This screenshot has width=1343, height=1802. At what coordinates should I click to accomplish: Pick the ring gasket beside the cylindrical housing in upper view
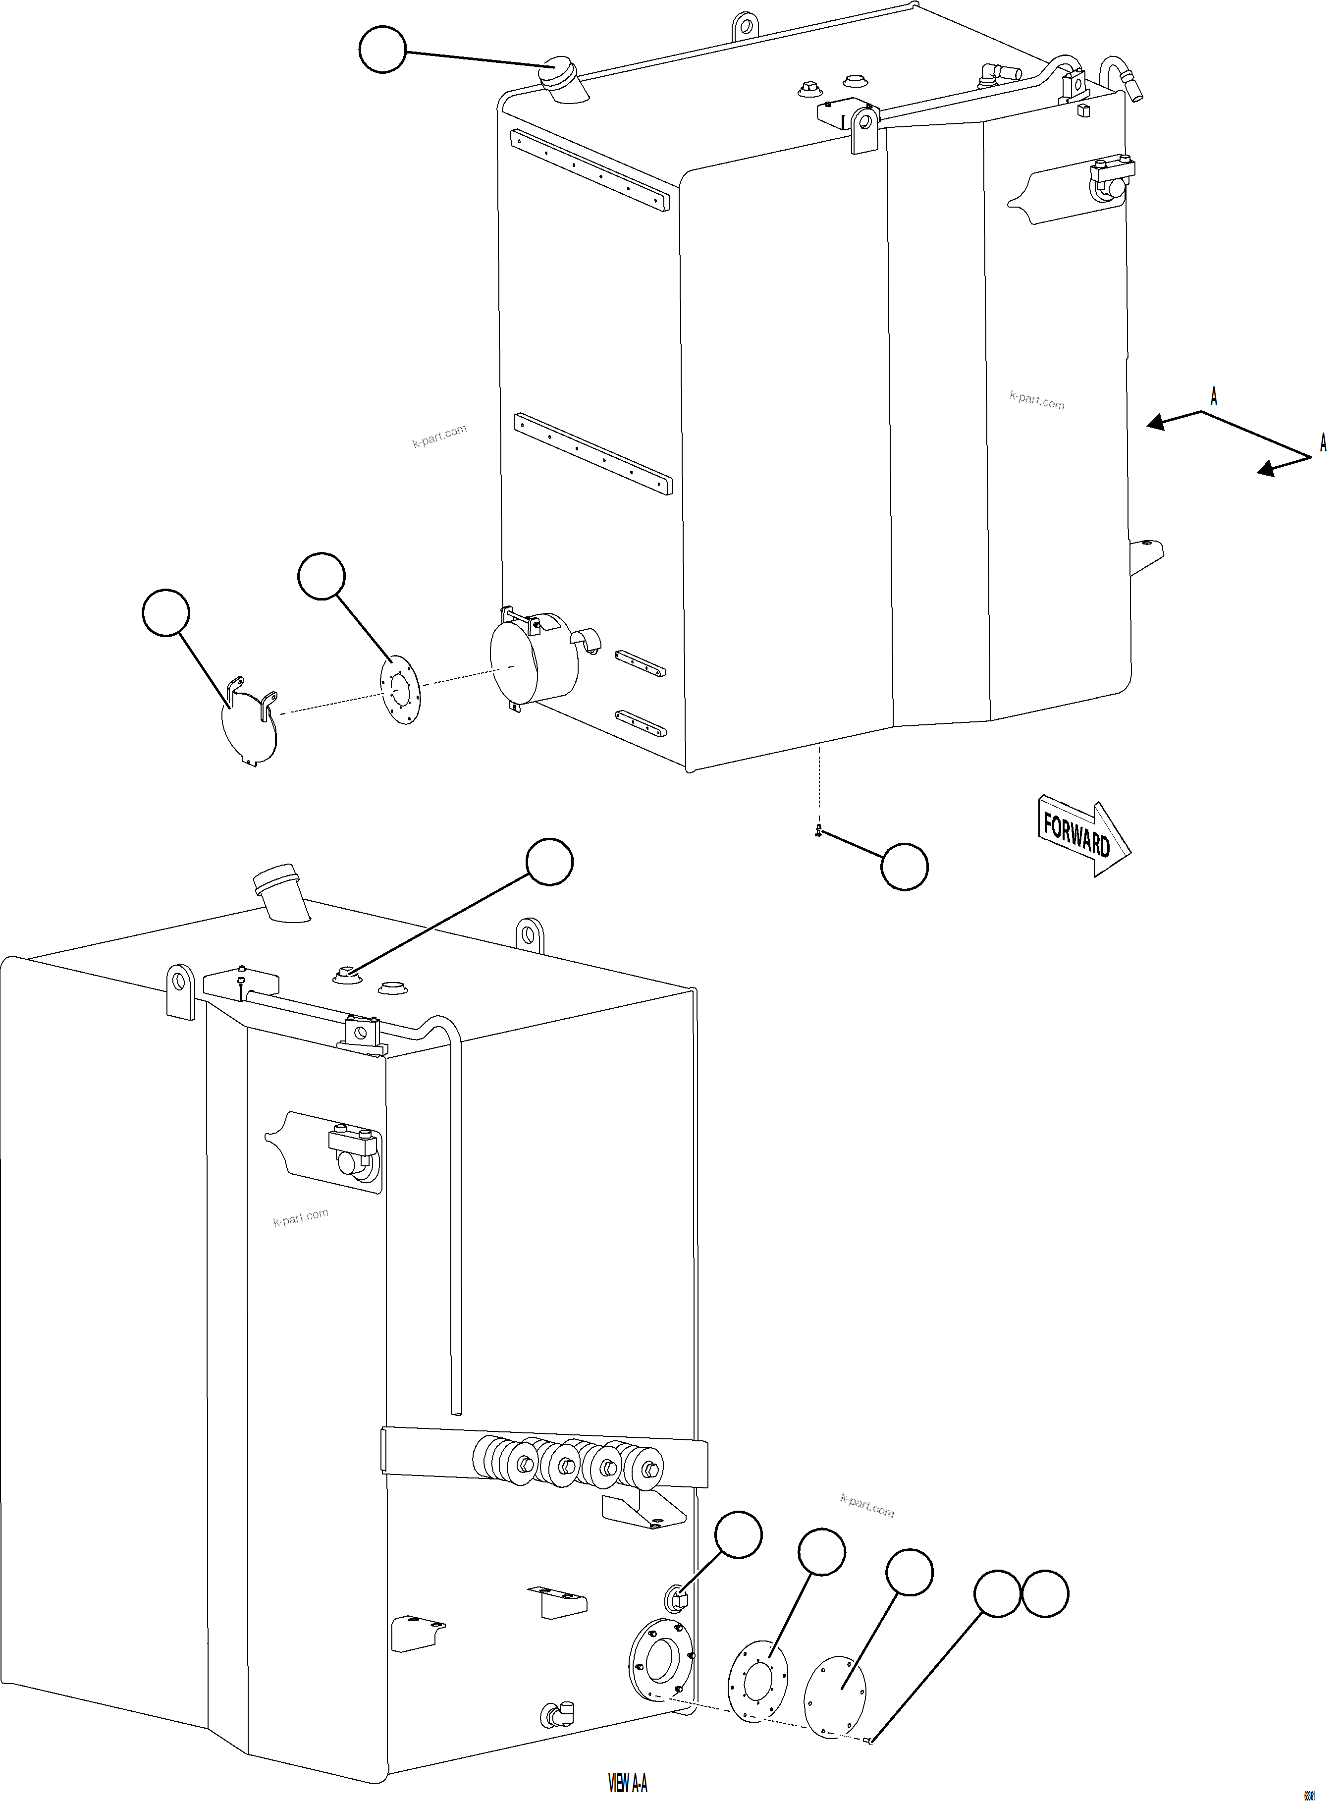399,690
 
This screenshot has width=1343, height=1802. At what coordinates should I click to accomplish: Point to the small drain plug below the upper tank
819,830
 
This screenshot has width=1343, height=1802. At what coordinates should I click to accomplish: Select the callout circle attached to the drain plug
904,867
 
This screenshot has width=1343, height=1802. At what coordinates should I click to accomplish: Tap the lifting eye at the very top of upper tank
744,26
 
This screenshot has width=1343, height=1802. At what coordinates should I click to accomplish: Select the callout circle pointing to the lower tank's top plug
549,862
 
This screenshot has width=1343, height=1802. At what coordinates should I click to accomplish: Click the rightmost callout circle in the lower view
1045,1594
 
